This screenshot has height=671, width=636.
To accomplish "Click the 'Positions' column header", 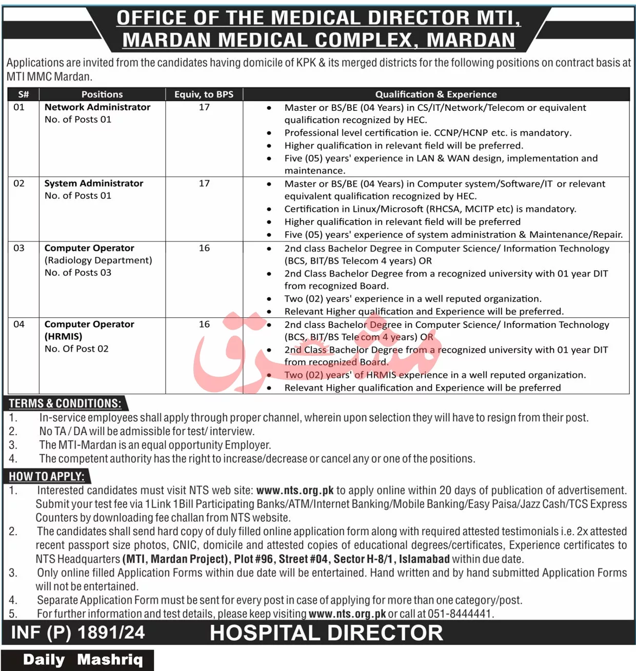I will click(102, 94).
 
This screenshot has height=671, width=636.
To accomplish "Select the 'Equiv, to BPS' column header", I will click(204, 94).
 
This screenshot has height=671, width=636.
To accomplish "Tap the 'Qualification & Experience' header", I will click(436, 94).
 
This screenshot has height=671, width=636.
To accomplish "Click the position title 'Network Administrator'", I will click(97, 107).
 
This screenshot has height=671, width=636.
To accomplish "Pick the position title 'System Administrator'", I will click(94, 184).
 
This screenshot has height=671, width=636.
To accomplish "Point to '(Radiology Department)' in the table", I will click(98, 260).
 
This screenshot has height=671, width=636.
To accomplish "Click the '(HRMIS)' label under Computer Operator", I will click(64, 336).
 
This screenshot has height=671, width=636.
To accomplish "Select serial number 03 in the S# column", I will click(19, 248).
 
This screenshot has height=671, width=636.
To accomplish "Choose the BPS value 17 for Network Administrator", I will click(204, 107).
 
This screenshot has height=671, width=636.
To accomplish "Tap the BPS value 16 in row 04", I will click(204, 324).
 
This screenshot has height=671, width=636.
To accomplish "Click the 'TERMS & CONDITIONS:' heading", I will click(65, 403).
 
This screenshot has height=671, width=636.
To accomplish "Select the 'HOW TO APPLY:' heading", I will click(47, 476).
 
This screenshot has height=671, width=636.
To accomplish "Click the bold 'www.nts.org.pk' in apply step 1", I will click(295, 491).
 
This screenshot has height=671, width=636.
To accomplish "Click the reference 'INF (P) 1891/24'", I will click(78, 633).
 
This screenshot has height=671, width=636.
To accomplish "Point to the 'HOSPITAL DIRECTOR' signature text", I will click(326, 633).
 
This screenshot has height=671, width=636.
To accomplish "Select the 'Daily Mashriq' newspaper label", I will click(83, 660).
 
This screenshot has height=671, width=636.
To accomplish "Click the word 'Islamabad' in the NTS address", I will click(424, 559).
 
